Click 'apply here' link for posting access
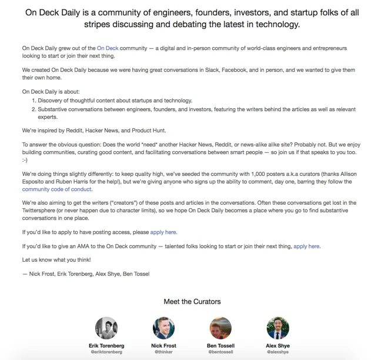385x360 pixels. click(x=163, y=232)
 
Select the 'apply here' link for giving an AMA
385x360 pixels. click(x=307, y=246)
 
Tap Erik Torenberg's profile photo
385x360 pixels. click(x=106, y=328)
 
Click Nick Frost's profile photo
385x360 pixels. click(x=163, y=328)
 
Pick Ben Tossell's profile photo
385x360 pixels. click(x=220, y=328)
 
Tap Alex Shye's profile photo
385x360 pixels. click(x=277, y=328)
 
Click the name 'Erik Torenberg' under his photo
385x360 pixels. click(x=106, y=345)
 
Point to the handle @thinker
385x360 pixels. click(x=163, y=352)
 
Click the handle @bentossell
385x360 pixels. click(x=220, y=352)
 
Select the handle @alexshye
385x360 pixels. click(x=277, y=352)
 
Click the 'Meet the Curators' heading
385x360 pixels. click(x=192, y=302)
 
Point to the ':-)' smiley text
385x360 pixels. click(x=25, y=159)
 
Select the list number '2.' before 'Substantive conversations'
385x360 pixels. click(x=34, y=109)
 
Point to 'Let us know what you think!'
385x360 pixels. click(x=56, y=259)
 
